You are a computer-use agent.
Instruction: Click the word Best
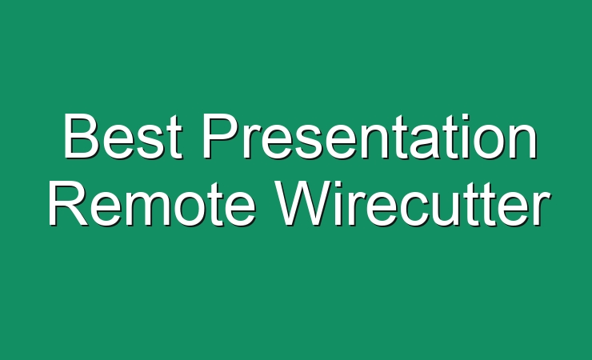pos(122,136)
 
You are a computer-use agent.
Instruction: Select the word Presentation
pos(370,136)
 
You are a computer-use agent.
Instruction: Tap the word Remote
pos(151,204)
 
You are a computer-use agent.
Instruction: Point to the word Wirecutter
pos(413,204)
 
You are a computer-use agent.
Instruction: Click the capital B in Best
pos(82,136)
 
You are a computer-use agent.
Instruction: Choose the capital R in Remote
pos(68,204)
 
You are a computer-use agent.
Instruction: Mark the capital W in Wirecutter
pos(303,204)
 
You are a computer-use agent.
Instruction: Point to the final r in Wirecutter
pos(542,210)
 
